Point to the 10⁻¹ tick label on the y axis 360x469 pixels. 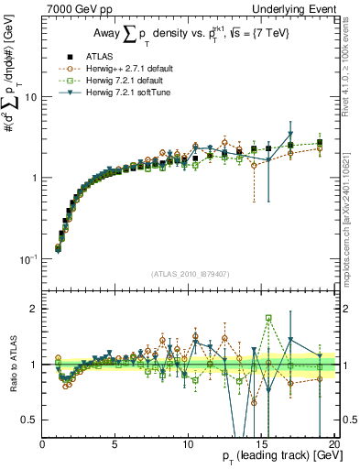[x=27, y=259]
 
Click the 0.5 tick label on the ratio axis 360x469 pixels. [x=30, y=420]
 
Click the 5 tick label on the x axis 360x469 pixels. [x=115, y=442]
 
